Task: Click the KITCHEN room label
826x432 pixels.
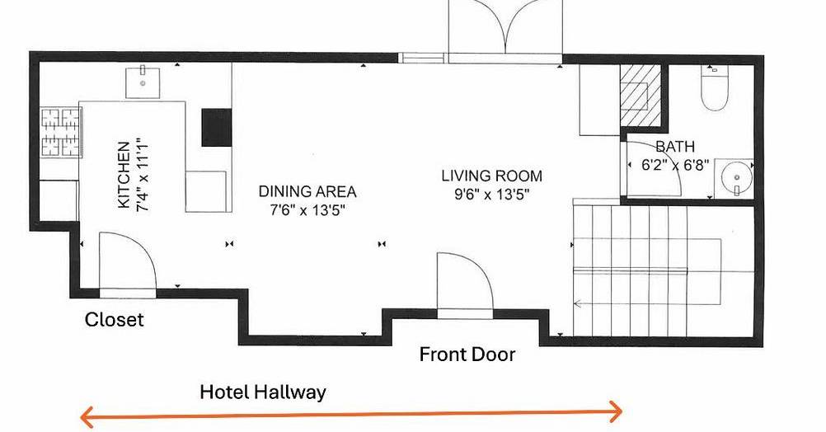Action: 124,175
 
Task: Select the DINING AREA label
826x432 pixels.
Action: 307,191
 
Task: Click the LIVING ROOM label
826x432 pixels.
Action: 491,176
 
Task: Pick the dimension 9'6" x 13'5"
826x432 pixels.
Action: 491,195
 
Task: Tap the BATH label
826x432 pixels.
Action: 675,147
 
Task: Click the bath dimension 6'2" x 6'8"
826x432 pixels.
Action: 675,165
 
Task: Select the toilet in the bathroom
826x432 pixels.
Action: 715,87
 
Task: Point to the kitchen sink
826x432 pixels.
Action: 143,82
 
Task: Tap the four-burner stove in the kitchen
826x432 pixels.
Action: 61,132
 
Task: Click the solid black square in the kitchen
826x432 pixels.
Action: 217,128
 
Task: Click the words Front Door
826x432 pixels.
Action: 467,354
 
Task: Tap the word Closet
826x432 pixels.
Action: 115,319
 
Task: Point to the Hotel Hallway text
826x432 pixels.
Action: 263,392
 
